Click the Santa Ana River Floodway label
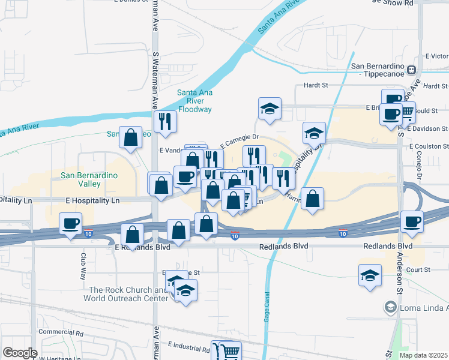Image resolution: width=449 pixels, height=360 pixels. pyautogui.click(x=194, y=101)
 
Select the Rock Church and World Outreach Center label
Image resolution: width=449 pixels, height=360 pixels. pyautogui.click(x=125, y=294)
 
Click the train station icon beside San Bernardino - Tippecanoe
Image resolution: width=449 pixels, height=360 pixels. pyautogui.click(x=412, y=70)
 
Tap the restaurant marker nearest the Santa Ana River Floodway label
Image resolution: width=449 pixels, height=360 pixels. pyautogui.click(x=164, y=121)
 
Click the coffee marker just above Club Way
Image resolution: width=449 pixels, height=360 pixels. pyautogui.click(x=71, y=224)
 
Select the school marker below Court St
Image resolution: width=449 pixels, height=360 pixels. pyautogui.click(x=369, y=275)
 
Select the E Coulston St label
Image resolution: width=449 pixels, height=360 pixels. pyautogui.click(x=429, y=146)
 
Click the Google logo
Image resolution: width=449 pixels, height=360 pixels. pyautogui.click(x=20, y=353)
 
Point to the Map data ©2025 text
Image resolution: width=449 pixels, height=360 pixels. pyautogui.click(x=423, y=355)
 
